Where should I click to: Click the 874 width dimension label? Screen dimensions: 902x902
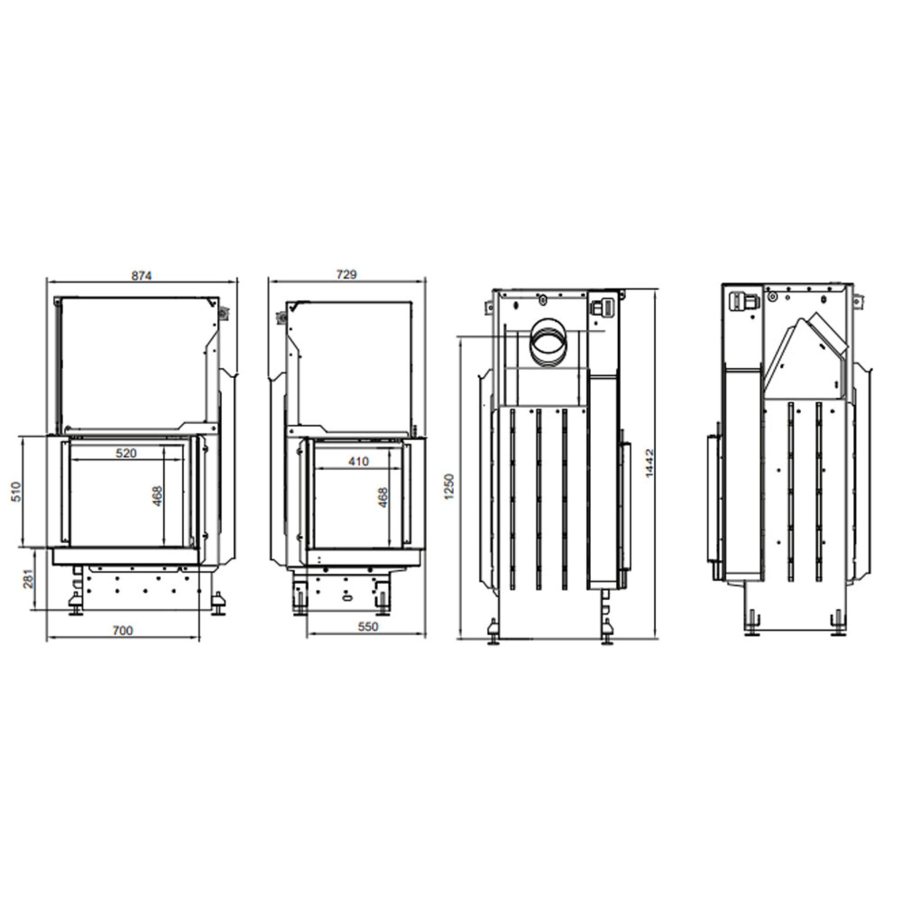(x=141, y=276)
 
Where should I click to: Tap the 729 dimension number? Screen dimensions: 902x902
(x=346, y=274)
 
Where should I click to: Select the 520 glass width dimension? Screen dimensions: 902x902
(x=126, y=452)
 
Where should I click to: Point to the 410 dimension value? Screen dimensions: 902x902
(x=359, y=461)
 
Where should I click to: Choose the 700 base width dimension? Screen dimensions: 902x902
(x=123, y=630)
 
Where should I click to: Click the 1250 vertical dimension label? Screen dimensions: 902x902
(x=449, y=487)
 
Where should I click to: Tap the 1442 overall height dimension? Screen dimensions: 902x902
(x=649, y=463)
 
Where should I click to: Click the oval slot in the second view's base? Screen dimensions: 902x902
(x=346, y=597)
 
